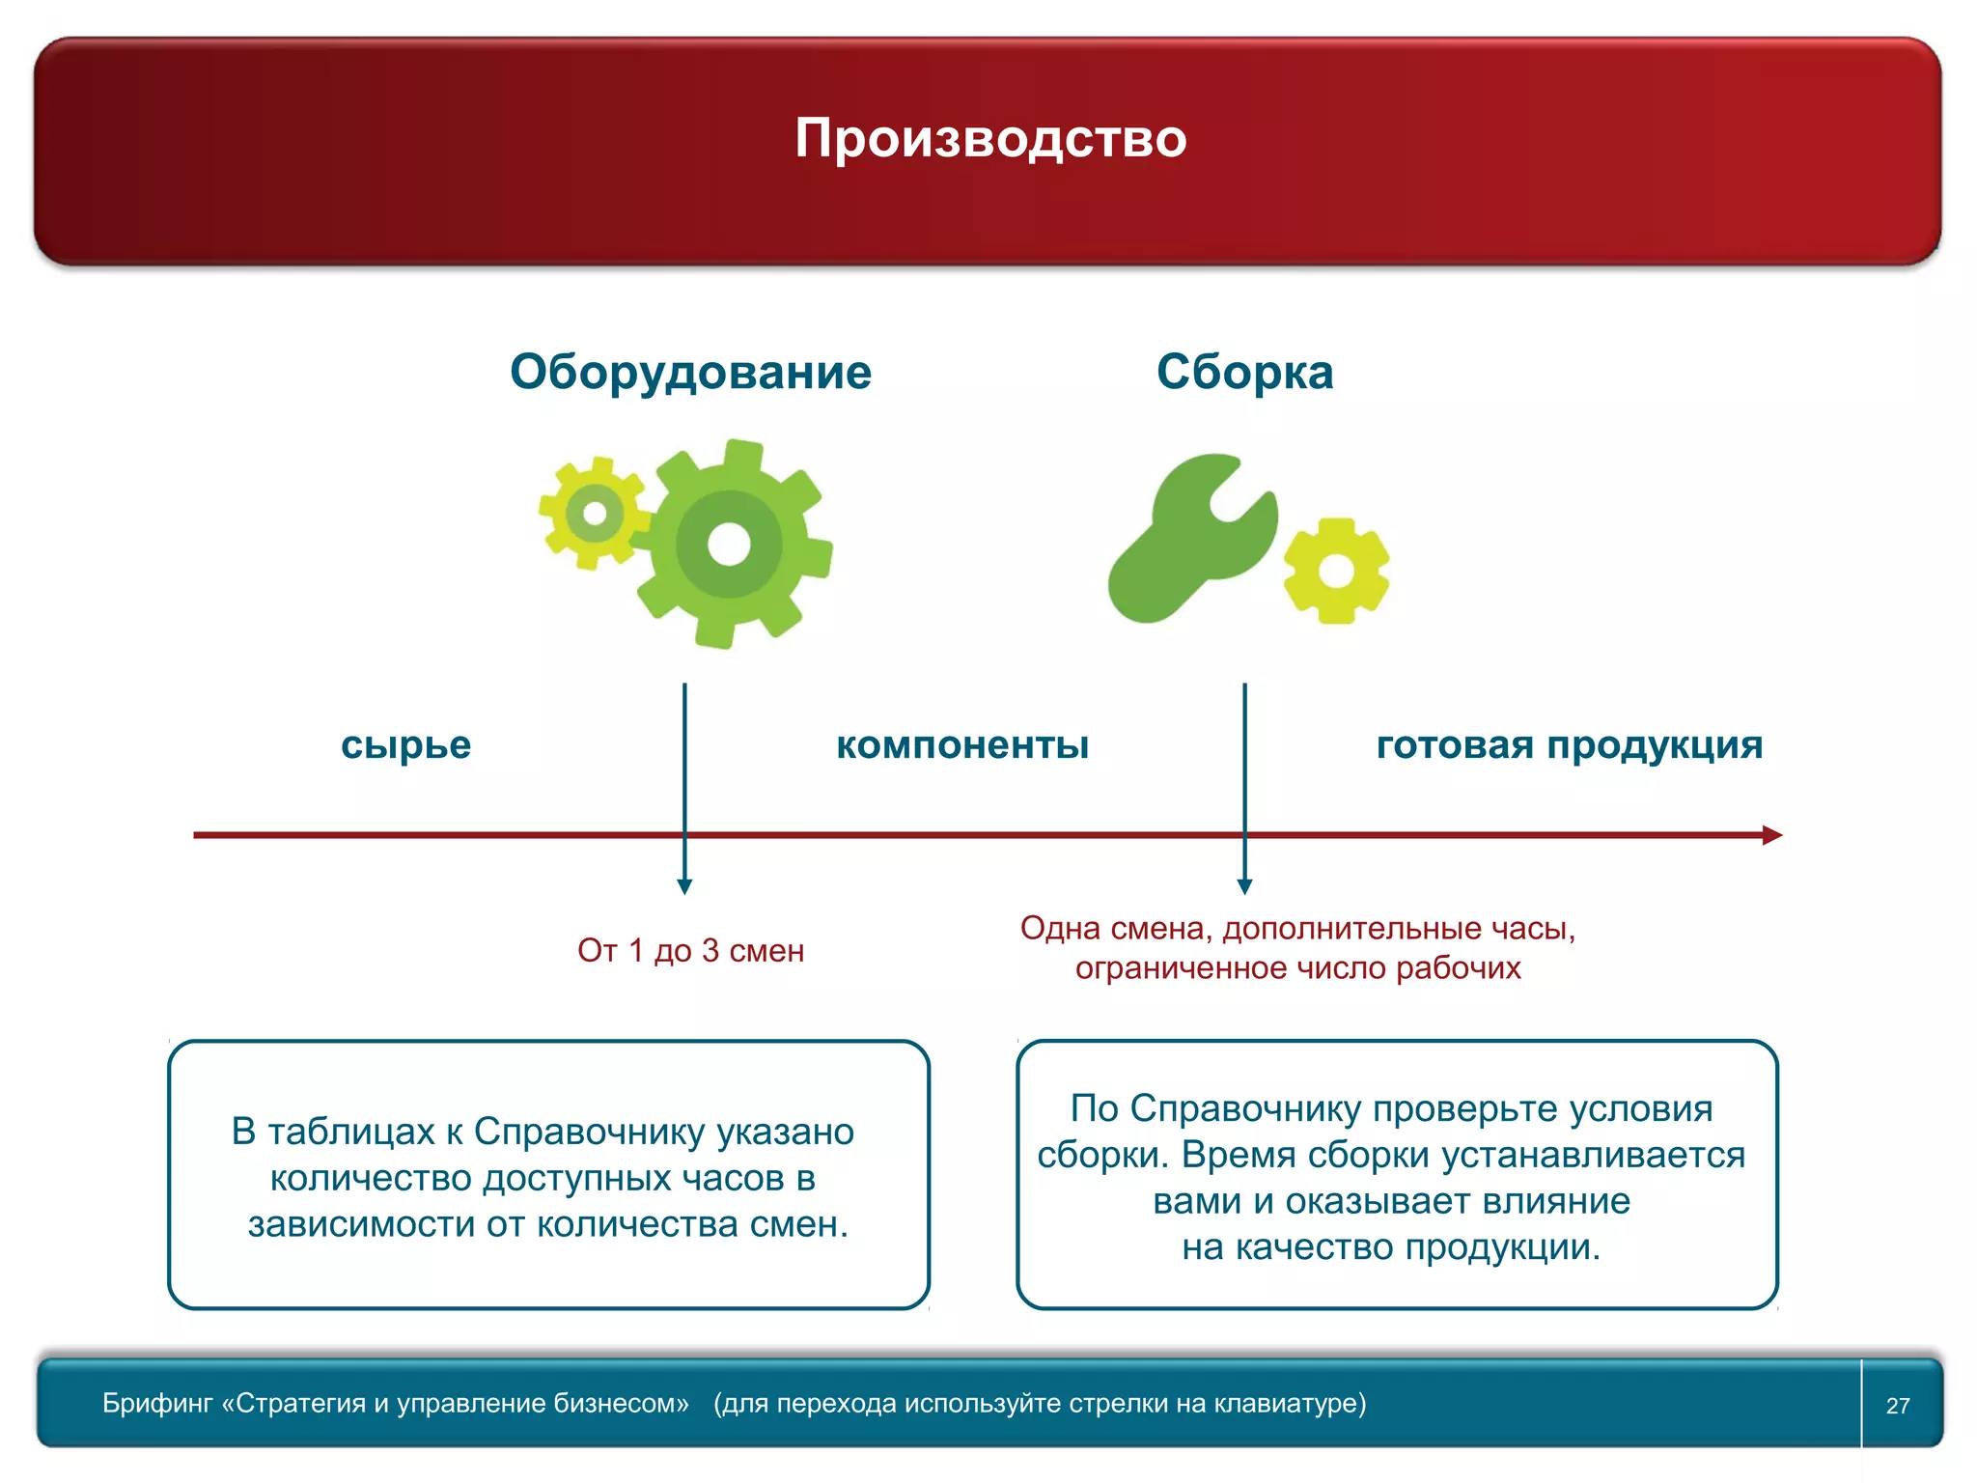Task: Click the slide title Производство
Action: coord(990,138)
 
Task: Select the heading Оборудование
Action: coord(690,372)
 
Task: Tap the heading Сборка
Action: coord(1244,372)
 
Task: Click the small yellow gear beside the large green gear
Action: coord(594,513)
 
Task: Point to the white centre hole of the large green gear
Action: coord(729,545)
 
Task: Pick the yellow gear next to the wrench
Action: coord(1336,572)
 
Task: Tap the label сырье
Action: coord(405,744)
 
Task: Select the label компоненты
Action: coord(962,744)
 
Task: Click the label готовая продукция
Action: coord(1570,744)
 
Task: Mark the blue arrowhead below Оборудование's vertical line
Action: coord(684,887)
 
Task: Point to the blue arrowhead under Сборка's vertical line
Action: coord(1244,887)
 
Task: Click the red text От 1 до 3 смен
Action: coord(690,951)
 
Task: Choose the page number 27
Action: coord(1898,1406)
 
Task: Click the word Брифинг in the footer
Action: coord(157,1404)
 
